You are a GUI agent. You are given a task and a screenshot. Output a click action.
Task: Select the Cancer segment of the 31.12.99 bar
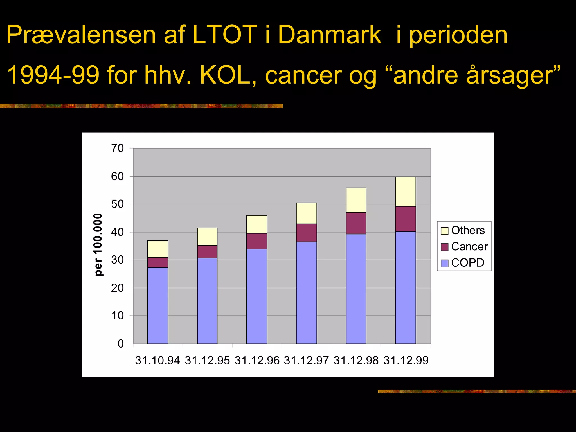pos(406,219)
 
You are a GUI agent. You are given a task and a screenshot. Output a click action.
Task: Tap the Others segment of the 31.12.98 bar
pos(356,200)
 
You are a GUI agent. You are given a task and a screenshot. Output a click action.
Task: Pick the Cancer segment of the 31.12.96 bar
pos(257,241)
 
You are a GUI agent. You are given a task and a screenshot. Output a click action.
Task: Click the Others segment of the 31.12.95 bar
pos(207,237)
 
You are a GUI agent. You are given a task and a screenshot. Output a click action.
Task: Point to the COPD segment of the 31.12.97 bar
pos(307,292)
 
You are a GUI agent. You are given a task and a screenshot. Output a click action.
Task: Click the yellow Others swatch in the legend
pos(444,231)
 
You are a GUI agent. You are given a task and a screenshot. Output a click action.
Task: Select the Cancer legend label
pos(469,247)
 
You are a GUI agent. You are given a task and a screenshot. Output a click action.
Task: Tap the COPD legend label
pos(468,263)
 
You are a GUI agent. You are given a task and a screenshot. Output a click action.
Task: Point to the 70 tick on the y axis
pos(118,148)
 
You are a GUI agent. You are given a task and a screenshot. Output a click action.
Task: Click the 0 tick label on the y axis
pos(121,344)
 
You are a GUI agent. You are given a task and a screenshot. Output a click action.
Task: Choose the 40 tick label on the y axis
pos(118,232)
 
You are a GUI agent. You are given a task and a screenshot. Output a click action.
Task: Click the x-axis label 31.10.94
pos(157,361)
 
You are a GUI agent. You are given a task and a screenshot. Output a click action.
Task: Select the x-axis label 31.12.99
pos(406,361)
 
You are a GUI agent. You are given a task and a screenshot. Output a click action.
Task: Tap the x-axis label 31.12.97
pos(306,361)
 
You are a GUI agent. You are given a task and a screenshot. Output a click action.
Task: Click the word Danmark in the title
pos(330,35)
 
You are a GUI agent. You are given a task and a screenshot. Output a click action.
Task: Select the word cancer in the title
pos(303,75)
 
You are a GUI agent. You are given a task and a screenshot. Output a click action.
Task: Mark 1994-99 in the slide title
pos(53,75)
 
